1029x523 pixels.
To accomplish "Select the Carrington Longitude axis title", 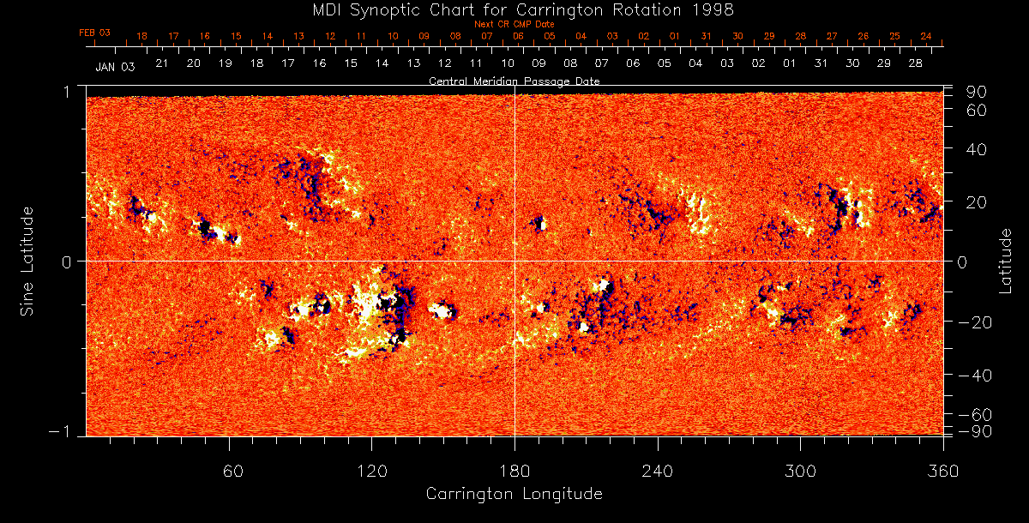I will point(514,494).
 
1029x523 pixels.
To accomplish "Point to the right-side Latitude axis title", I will point(1006,261).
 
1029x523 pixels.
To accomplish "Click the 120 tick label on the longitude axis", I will point(371,471).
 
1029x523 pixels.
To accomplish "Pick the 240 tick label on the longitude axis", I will point(657,471).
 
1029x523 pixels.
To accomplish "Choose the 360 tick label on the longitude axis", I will point(942,471).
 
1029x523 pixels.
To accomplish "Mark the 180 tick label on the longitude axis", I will point(514,471).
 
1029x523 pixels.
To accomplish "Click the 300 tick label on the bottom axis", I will point(800,471).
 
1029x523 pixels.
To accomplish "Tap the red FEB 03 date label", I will point(94,33).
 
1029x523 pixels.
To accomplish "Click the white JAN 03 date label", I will point(115,66).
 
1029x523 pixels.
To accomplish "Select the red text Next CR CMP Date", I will point(514,24).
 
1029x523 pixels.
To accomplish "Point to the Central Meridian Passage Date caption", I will point(514,81).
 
